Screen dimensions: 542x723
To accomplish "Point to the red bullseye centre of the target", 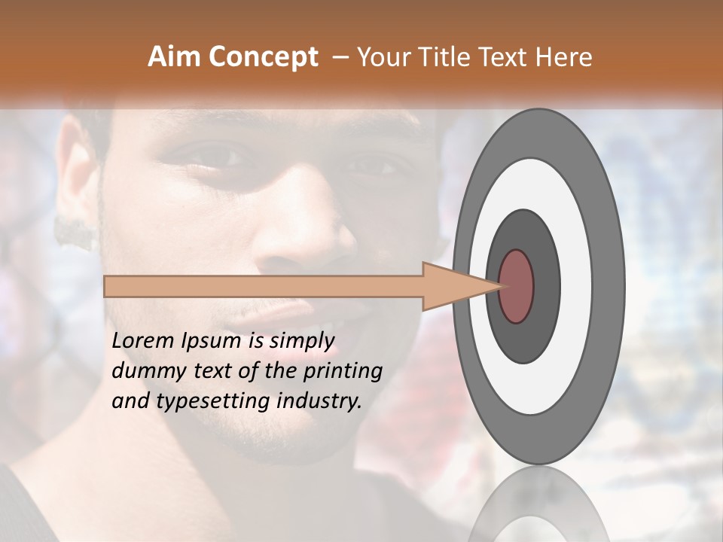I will point(517,286).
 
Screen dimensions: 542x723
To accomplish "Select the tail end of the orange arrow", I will point(107,286).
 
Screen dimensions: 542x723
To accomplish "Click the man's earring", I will point(76,233).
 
